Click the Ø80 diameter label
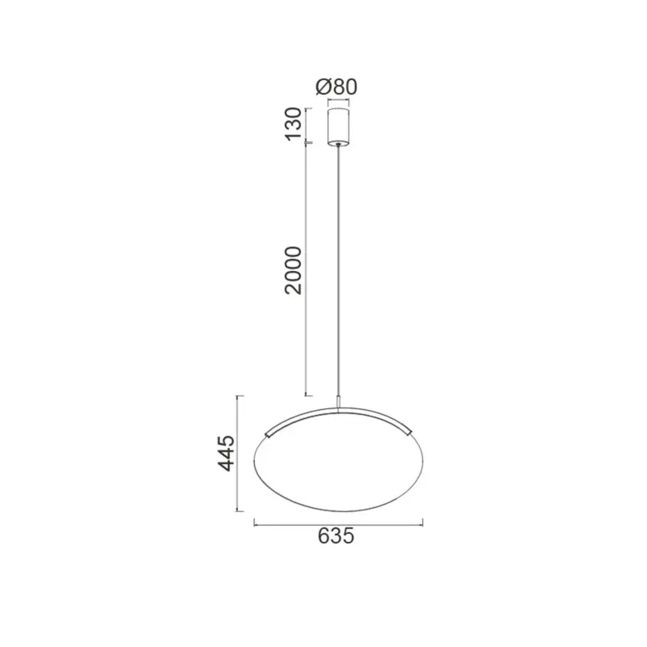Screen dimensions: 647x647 coord(336,87)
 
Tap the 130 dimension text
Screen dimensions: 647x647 coord(294,124)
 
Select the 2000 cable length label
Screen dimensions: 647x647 coord(294,270)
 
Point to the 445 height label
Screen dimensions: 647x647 coord(226,453)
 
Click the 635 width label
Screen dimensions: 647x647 coord(336,536)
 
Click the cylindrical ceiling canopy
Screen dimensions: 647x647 coord(338,127)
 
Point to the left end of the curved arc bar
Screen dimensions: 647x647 coord(266,434)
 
